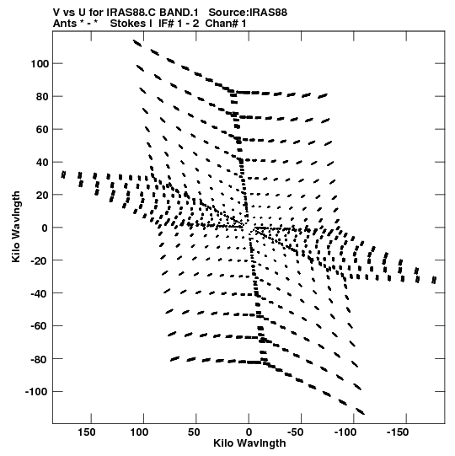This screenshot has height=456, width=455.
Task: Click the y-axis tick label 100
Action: click(x=40, y=63)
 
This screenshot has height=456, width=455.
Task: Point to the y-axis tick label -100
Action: click(x=37, y=392)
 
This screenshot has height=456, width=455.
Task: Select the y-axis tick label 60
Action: click(x=42, y=129)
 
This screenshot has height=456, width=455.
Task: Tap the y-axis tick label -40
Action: click(x=40, y=293)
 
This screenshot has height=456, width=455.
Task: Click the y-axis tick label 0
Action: click(x=45, y=228)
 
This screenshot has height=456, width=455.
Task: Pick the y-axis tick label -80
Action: click(x=40, y=359)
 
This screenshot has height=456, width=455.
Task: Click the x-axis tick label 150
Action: click(x=86, y=432)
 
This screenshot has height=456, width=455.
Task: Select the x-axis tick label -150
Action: click(x=398, y=432)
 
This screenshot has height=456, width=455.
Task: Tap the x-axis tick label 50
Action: click(x=194, y=432)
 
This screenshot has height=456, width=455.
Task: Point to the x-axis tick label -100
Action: click(x=345, y=432)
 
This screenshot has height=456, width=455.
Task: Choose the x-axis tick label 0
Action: click(x=249, y=432)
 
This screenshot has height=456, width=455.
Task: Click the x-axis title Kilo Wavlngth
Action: click(x=249, y=443)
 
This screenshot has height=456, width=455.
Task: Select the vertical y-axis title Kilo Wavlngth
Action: click(x=16, y=227)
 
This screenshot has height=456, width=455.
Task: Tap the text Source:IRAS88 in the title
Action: click(x=248, y=13)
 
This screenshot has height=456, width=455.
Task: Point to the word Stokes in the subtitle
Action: click(x=127, y=24)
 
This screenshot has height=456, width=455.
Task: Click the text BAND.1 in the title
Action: click(x=179, y=13)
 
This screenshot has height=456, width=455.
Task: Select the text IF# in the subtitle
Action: click(x=166, y=24)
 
